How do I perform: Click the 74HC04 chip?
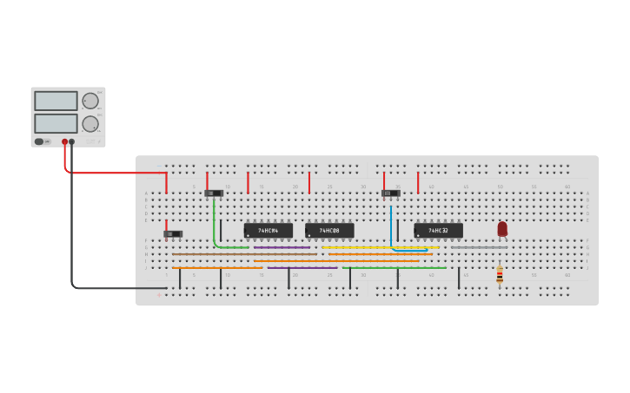(x=268, y=231)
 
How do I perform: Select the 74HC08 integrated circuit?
(x=329, y=231)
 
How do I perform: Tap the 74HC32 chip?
(x=438, y=231)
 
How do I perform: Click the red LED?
(x=502, y=228)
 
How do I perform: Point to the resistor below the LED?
(x=500, y=275)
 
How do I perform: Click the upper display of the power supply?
(x=56, y=101)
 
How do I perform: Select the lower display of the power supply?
(x=56, y=123)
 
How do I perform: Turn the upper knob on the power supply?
(x=90, y=101)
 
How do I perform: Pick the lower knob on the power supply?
(x=90, y=123)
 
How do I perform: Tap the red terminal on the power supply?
(x=64, y=141)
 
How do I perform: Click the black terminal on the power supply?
(x=72, y=141)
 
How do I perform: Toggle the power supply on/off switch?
(x=39, y=141)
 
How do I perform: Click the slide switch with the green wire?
(x=213, y=193)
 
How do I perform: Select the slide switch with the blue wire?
(x=390, y=193)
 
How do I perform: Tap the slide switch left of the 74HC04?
(x=173, y=233)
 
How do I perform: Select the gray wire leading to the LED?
(x=479, y=247)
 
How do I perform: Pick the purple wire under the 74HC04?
(x=282, y=247)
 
